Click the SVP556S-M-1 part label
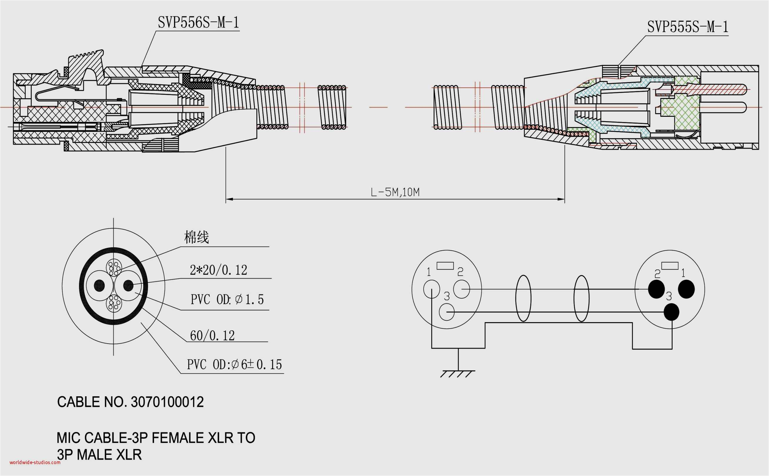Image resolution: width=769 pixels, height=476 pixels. pyautogui.click(x=198, y=23)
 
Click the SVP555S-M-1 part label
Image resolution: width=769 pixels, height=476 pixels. pyautogui.click(x=687, y=27)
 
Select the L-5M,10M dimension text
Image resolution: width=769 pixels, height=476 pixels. pyautogui.click(x=395, y=192)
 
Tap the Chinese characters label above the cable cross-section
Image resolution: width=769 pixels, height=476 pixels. pyautogui.click(x=196, y=237)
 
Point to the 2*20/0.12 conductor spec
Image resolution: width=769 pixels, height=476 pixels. pyautogui.click(x=218, y=270)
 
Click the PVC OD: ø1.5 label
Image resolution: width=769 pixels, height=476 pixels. pyautogui.click(x=227, y=299)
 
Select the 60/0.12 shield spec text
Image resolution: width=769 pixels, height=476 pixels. pyautogui.click(x=212, y=336)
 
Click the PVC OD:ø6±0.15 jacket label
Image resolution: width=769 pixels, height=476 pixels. pyautogui.click(x=234, y=365)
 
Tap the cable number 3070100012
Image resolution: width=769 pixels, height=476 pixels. pyautogui.click(x=167, y=402)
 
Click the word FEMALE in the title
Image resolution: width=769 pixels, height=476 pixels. pyautogui.click(x=177, y=438)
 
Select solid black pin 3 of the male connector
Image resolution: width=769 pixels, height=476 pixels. pyautogui.click(x=671, y=312)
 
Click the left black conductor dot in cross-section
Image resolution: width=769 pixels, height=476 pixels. pyautogui.click(x=99, y=286)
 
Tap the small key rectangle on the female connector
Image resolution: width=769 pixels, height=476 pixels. pyautogui.click(x=445, y=266)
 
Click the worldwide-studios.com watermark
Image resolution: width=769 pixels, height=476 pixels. pyautogui.click(x=35, y=462)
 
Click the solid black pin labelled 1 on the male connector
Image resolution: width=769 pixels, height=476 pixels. pyautogui.click(x=686, y=289)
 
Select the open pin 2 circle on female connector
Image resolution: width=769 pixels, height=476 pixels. pyautogui.click(x=462, y=289)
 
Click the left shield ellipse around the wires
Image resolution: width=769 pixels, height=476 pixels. pyautogui.click(x=523, y=298)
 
